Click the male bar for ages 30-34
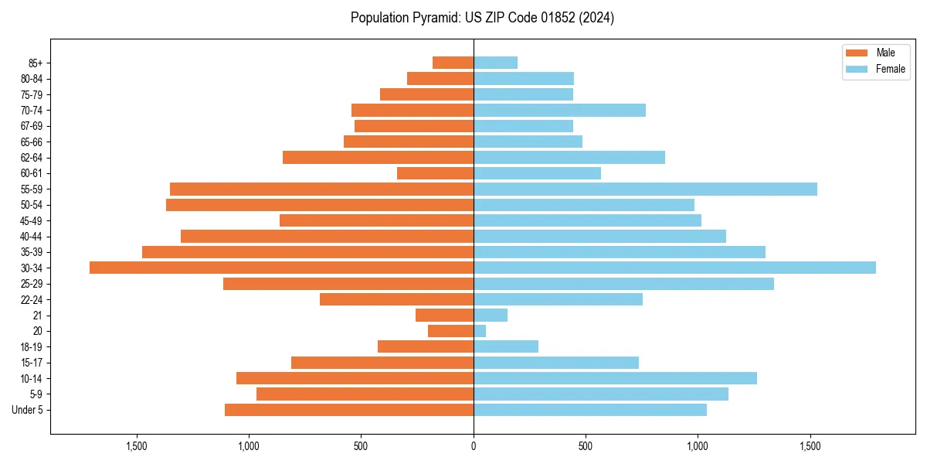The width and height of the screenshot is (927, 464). (281, 268)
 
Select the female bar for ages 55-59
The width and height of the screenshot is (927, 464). (645, 189)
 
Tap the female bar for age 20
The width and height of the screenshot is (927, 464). (480, 331)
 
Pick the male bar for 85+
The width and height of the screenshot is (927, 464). (453, 63)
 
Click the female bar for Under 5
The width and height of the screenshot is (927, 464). (590, 410)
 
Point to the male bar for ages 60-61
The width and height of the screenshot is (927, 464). (435, 173)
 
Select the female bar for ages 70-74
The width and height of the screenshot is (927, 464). (559, 110)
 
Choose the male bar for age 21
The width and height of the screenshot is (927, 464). (444, 315)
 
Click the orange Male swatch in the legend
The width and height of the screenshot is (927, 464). (857, 53)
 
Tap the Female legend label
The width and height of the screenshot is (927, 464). (890, 69)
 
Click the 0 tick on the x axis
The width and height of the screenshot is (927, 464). (474, 446)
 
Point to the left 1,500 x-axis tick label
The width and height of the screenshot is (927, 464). (137, 446)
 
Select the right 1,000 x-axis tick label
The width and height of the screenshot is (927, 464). (698, 446)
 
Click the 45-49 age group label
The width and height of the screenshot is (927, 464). (32, 220)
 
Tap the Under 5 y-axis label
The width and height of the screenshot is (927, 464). (28, 410)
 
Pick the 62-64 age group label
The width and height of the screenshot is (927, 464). (32, 158)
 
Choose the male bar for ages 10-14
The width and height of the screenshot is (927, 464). (355, 378)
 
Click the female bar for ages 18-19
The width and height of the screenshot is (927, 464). (506, 346)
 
